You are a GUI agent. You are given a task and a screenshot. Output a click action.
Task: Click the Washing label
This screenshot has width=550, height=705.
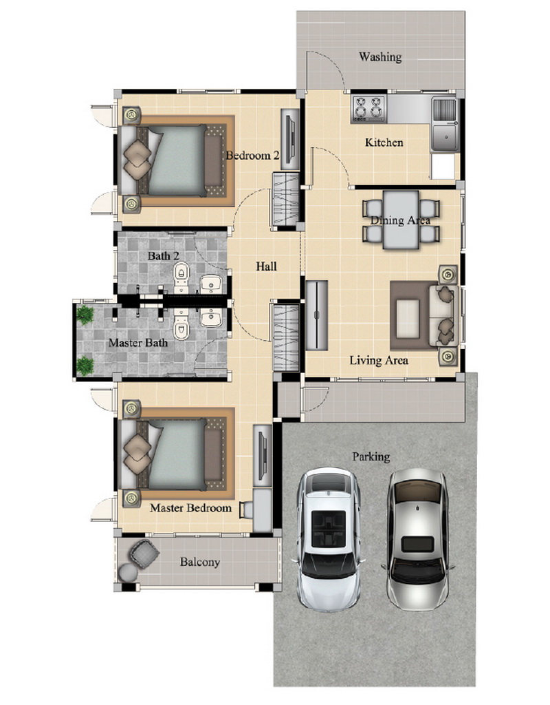(379, 56)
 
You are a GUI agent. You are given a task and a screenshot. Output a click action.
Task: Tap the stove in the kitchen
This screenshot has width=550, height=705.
(368, 108)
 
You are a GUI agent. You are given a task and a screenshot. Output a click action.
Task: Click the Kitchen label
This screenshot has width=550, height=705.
(384, 143)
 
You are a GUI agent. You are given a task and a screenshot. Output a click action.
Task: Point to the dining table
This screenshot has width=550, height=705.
(401, 220)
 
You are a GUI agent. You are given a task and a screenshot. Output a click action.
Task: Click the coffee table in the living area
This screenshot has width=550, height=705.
(408, 315)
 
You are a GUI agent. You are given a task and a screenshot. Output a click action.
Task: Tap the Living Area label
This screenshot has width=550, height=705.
(379, 360)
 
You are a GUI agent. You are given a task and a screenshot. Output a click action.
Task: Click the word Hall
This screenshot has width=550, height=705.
(266, 266)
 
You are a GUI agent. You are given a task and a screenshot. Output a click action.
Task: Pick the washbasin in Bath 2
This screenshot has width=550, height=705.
(210, 284)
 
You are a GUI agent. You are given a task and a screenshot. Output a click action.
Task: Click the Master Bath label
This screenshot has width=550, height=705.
(137, 343)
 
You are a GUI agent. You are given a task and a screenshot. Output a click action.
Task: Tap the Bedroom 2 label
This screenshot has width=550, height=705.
(252, 156)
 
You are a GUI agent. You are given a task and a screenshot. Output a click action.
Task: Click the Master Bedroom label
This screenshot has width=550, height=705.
(190, 508)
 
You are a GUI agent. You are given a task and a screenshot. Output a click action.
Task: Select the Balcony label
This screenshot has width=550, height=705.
(200, 562)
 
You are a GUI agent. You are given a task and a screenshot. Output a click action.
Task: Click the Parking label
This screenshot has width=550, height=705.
(371, 457)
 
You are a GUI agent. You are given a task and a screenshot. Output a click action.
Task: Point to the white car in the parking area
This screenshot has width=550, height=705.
(328, 540)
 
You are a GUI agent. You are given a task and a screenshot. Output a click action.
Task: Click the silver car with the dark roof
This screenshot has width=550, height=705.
(418, 539)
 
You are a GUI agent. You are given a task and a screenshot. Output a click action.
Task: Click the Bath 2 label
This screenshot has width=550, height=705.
(164, 256)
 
